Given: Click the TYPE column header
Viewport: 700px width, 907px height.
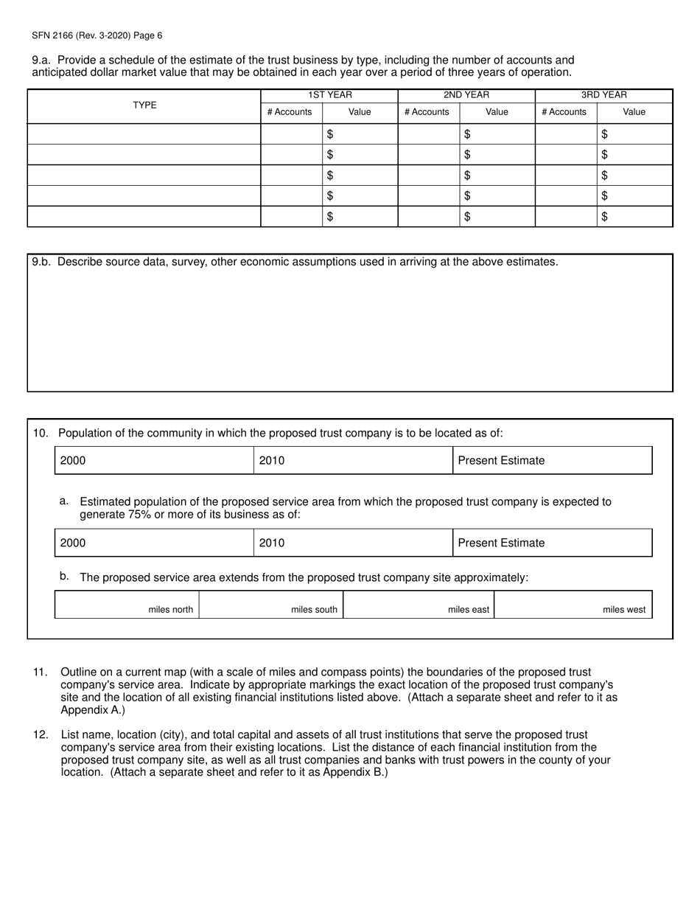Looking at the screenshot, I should (144, 105).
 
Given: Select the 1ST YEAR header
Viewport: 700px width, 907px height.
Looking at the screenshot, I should (329, 95).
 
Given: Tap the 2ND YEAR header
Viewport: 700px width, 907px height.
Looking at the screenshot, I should (466, 95).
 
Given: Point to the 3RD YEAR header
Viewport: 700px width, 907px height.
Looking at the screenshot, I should (603, 95).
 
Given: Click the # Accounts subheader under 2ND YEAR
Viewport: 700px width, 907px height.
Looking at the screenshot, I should (427, 112).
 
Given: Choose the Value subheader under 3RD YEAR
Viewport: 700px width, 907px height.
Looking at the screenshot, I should (634, 112).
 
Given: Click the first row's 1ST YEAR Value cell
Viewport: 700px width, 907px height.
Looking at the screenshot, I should (360, 134).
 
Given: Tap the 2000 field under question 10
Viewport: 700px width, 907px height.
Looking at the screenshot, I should (154, 461).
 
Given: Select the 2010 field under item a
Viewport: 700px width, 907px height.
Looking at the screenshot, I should (353, 543).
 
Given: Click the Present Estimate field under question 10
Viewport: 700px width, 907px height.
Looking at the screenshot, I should (552, 461).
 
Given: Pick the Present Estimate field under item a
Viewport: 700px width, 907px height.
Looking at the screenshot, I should (552, 543).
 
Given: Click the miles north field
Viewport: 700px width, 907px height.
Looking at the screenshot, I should (127, 605).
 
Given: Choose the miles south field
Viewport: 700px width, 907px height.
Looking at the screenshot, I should (271, 605).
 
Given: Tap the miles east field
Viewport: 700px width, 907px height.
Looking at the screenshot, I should (419, 605).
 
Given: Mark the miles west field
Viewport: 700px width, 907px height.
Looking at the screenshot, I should (573, 605).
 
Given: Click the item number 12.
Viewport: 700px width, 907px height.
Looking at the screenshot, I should (41, 735).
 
